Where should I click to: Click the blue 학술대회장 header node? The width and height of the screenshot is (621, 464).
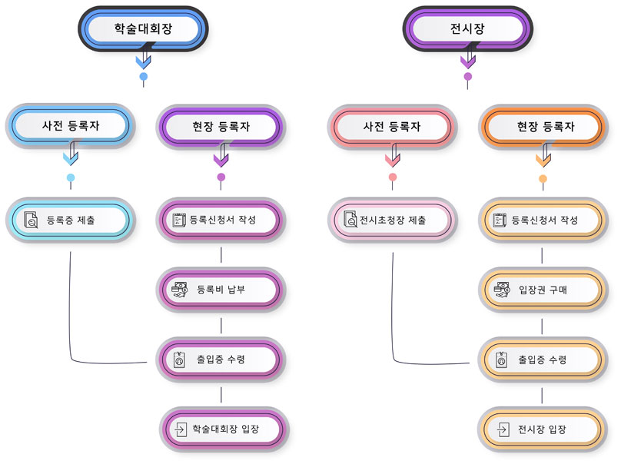(x=143, y=28)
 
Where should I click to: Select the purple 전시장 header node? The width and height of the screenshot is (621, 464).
(x=468, y=28)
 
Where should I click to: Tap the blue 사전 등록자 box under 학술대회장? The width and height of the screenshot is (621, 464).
(x=71, y=126)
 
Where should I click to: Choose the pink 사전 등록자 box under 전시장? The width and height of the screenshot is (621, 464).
(x=392, y=127)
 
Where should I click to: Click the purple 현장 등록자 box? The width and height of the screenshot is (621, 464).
(x=221, y=127)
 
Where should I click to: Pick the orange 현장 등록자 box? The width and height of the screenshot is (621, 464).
(x=543, y=127)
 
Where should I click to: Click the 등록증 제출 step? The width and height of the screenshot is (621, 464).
(x=71, y=220)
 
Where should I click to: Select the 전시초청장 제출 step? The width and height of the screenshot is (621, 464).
(x=392, y=220)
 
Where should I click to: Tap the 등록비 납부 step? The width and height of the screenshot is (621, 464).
(x=221, y=290)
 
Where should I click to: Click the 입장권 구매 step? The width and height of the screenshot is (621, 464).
(x=543, y=290)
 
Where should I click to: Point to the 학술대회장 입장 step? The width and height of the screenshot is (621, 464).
(x=224, y=429)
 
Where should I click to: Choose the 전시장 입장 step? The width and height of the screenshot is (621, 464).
(x=542, y=429)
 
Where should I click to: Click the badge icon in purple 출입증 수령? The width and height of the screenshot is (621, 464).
(x=179, y=360)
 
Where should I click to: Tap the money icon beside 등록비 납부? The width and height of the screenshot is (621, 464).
(x=179, y=290)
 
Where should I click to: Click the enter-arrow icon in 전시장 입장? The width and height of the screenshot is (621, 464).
(x=503, y=429)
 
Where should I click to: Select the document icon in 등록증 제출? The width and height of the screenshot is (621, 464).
(x=31, y=220)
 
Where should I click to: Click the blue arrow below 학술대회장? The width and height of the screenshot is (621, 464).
(x=144, y=57)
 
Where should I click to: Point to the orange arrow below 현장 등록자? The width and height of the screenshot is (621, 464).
(x=544, y=156)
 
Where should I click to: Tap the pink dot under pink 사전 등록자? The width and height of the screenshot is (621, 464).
(x=393, y=177)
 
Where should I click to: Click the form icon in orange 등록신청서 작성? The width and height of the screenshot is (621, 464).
(x=500, y=220)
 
